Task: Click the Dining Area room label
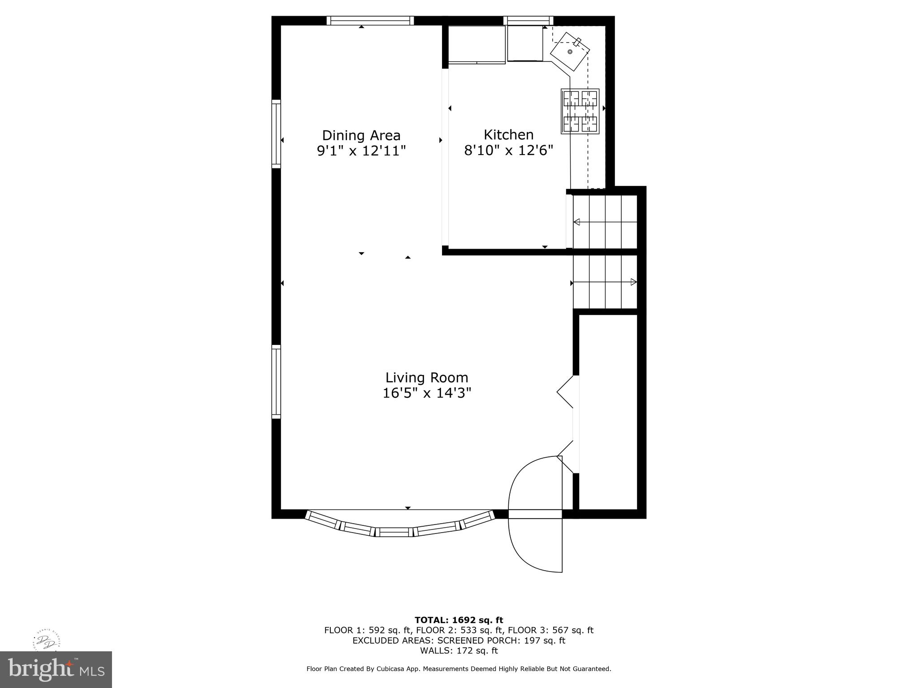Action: tap(361, 135)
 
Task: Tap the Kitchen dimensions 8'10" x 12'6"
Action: tap(508, 150)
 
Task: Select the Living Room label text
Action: tap(427, 378)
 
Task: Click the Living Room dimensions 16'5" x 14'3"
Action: tap(427, 393)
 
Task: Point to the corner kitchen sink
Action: tap(570, 52)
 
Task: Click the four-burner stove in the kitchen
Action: tap(580, 111)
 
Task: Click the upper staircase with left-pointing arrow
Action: tap(605, 222)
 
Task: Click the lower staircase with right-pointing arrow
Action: tap(605, 282)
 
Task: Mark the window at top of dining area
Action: tap(370, 21)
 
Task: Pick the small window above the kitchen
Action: tap(528, 21)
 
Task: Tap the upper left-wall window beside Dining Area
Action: tap(276, 134)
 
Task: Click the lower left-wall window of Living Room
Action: tap(276, 382)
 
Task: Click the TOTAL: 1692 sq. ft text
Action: tap(459, 620)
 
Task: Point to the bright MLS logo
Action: tap(56, 669)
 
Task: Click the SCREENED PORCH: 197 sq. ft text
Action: tap(501, 641)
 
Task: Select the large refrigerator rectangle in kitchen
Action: tap(476, 44)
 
